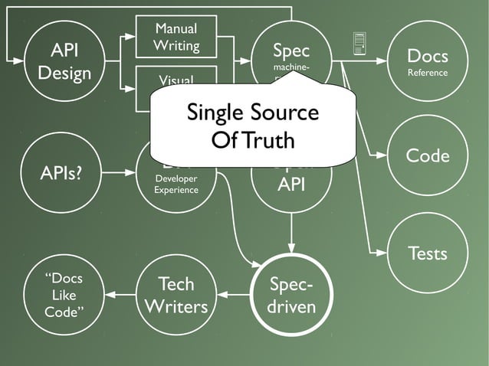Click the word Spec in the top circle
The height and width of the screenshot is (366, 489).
point(291,51)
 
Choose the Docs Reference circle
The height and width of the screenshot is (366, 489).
point(428,63)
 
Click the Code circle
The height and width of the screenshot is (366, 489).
point(428,156)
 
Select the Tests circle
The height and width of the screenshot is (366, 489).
point(428,253)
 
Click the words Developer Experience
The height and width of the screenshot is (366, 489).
point(176,184)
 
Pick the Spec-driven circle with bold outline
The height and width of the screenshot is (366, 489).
point(291,295)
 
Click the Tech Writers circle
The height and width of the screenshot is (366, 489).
point(176,295)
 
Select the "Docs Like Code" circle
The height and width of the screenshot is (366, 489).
point(64,295)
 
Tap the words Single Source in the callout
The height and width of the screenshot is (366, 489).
point(252,113)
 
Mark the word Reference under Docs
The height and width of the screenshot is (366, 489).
point(428,74)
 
